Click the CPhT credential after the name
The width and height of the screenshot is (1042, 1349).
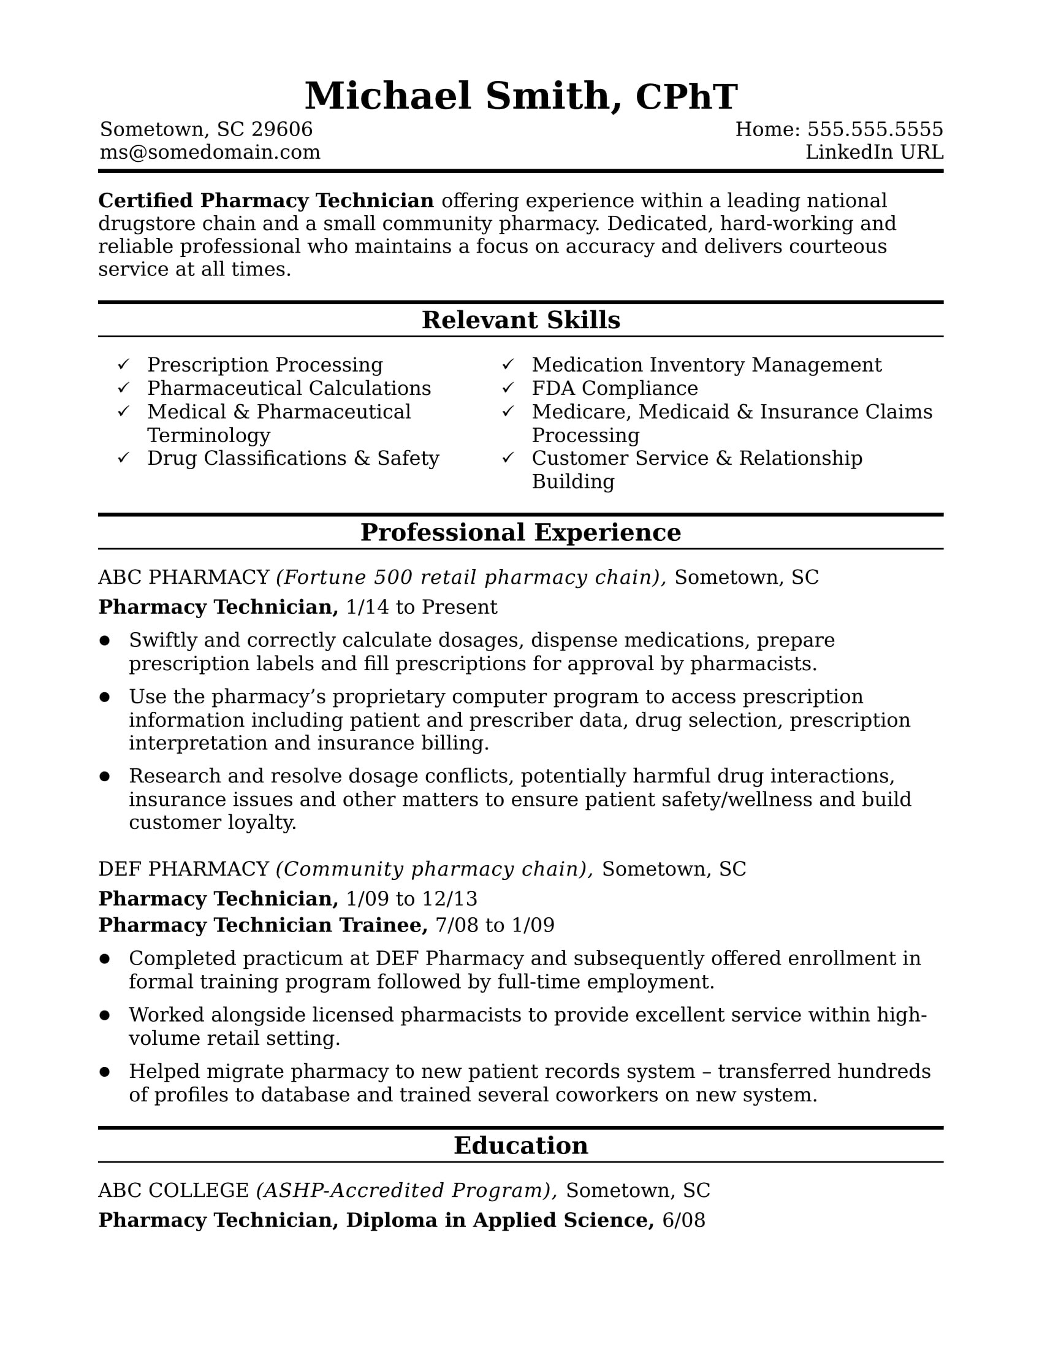click(686, 97)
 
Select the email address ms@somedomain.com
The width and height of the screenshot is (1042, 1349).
click(210, 152)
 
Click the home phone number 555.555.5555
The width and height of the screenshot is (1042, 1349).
click(875, 129)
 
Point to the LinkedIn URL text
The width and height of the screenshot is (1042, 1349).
click(873, 152)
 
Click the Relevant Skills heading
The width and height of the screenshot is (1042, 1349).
click(520, 320)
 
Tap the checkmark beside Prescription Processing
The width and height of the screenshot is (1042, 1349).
click(123, 364)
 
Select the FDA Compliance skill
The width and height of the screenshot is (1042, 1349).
click(614, 388)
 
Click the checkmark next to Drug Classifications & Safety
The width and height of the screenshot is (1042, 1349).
click(123, 457)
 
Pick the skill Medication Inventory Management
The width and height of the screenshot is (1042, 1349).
click(706, 364)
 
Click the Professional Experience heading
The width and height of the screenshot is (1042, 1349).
click(520, 532)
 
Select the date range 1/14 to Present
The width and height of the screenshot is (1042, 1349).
click(421, 607)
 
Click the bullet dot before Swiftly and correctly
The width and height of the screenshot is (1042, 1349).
click(104, 641)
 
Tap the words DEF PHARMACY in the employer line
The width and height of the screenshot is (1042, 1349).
click(183, 868)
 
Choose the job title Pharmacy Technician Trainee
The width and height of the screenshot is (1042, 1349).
click(262, 925)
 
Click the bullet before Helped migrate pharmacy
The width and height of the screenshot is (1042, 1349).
click(104, 1072)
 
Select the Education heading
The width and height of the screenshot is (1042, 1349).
click(520, 1146)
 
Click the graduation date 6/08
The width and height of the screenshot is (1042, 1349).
click(683, 1220)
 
